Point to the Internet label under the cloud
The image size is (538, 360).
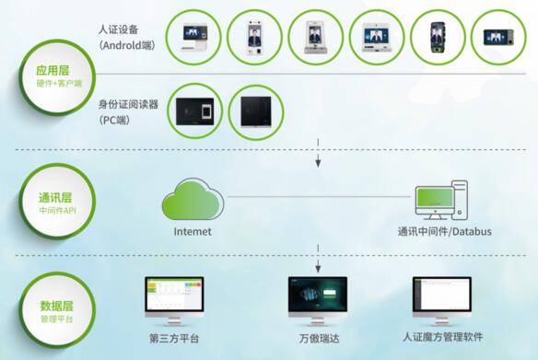pyautogui.click(x=192, y=231)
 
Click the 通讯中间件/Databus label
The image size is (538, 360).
pyautogui.click(x=444, y=231)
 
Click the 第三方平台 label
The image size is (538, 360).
pyautogui.click(x=175, y=337)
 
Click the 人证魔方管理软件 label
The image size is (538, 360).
pyautogui.click(x=443, y=337)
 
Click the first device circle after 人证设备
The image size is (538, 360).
pyautogui.click(x=193, y=37)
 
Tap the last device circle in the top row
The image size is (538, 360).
pyautogui.click(x=497, y=37)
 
